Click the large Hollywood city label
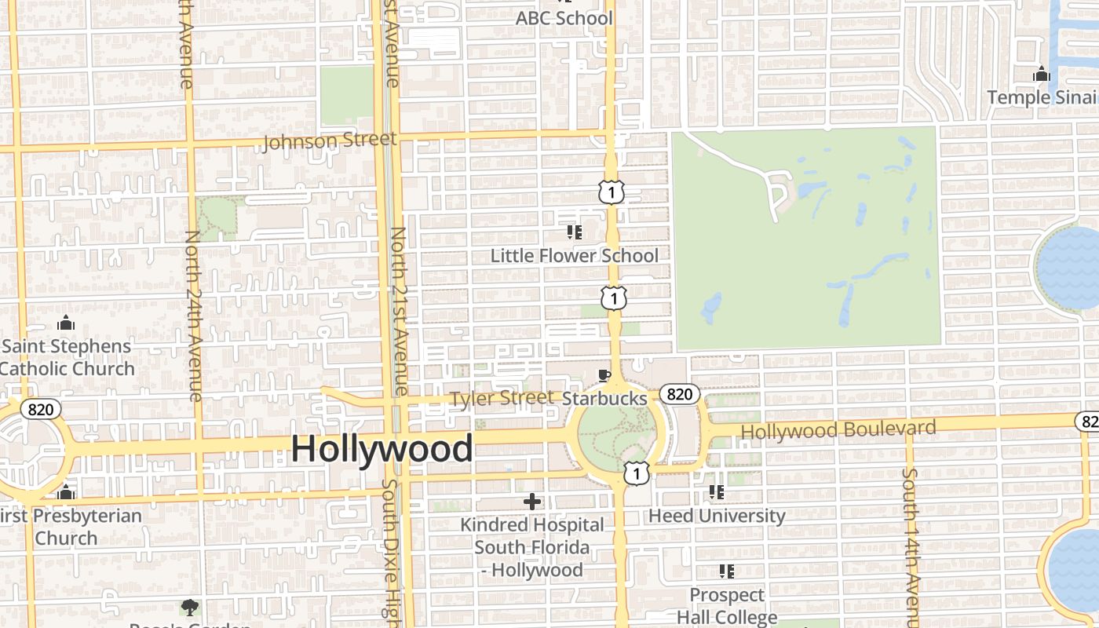(x=382, y=448)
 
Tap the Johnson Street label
(x=329, y=141)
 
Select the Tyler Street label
(x=502, y=398)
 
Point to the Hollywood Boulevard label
(x=838, y=430)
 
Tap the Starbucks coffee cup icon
(x=604, y=376)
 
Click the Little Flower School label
(x=574, y=256)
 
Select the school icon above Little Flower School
(x=574, y=232)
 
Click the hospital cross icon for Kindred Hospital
(x=532, y=501)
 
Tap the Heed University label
(x=716, y=516)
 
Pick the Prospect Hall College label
(x=726, y=606)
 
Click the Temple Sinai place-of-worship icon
(x=1042, y=75)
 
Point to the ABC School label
(x=564, y=18)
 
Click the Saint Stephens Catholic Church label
(x=68, y=357)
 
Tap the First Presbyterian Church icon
(x=66, y=492)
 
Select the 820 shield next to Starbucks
(x=679, y=394)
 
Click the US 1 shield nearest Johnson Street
(x=612, y=192)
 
